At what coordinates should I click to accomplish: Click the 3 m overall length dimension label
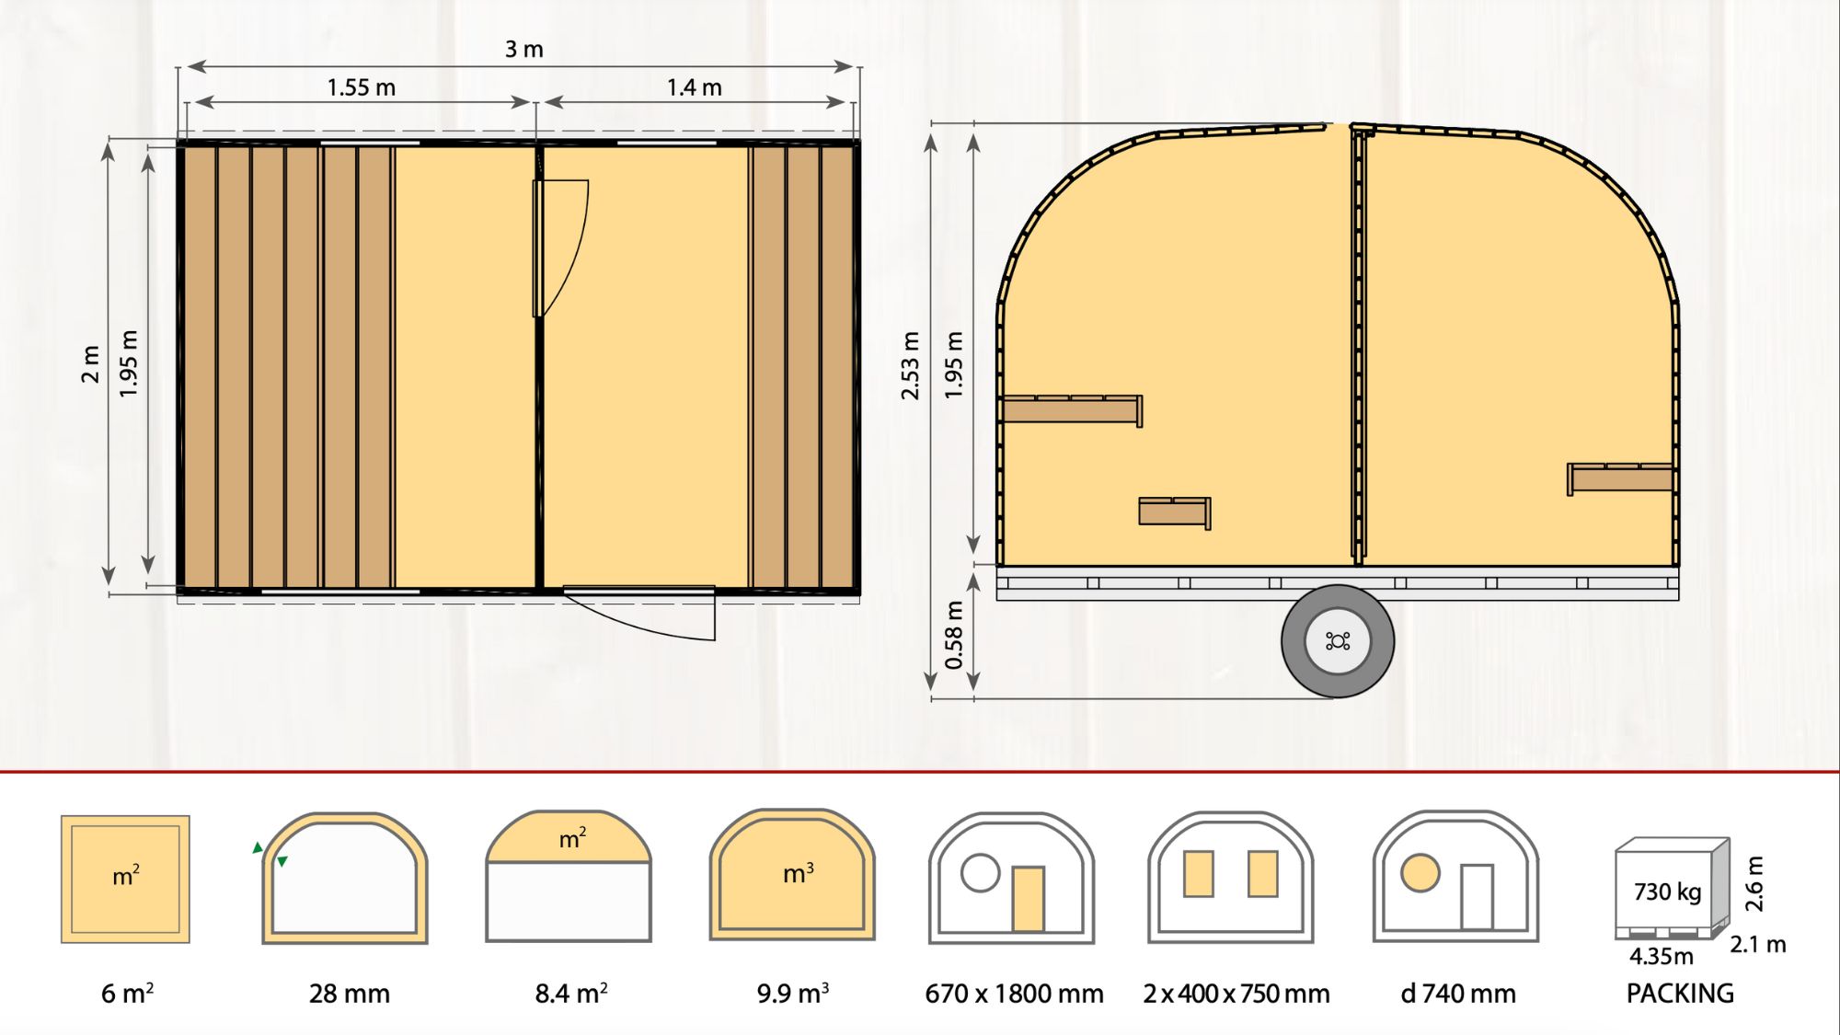tap(523, 50)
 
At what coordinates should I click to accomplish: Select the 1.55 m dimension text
tap(361, 88)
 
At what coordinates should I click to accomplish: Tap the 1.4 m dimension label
tap(694, 88)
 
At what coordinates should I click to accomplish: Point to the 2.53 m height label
tap(910, 365)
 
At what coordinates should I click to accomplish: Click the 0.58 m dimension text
tap(954, 635)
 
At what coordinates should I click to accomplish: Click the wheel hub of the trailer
tap(1338, 641)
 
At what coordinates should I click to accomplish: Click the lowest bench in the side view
tap(1174, 512)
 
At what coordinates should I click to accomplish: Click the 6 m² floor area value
tap(127, 994)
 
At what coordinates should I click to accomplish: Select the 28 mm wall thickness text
tap(349, 994)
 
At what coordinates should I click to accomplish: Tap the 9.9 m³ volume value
tap(792, 994)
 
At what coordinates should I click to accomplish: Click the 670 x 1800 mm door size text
tap(1014, 994)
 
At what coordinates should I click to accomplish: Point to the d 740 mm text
tap(1457, 994)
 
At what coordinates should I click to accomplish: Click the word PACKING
tap(1679, 994)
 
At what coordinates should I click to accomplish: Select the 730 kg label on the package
tap(1667, 891)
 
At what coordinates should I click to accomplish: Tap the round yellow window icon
tap(1420, 872)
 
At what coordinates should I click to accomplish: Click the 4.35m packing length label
tap(1661, 957)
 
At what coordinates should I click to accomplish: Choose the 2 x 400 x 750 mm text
tap(1236, 994)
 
